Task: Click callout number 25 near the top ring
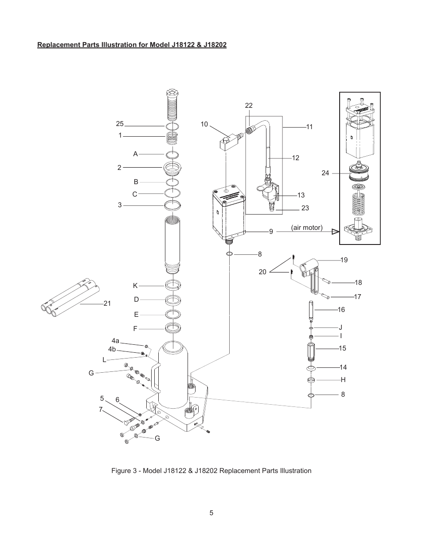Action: click(x=120, y=124)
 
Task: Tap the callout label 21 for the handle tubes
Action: click(x=107, y=304)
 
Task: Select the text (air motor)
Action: click(x=307, y=228)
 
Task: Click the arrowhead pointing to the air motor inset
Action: click(x=335, y=232)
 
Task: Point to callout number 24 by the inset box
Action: click(x=325, y=173)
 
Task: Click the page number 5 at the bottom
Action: click(x=211, y=513)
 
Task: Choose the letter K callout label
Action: click(x=135, y=286)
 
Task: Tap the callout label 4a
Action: click(x=115, y=341)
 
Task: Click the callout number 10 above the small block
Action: click(x=204, y=124)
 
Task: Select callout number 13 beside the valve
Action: click(x=301, y=195)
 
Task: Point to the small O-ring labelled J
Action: click(x=311, y=328)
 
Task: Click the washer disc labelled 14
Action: click(x=311, y=368)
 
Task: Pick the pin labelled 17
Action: click(x=325, y=296)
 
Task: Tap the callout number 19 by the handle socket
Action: click(x=344, y=260)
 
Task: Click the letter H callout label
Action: click(x=343, y=380)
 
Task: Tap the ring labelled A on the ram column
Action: click(x=172, y=154)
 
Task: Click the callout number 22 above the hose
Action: click(x=249, y=106)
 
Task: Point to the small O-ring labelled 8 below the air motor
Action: click(x=230, y=254)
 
